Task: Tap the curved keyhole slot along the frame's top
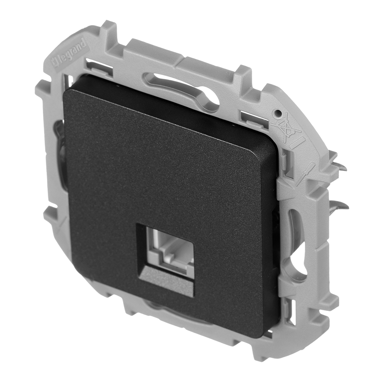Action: (x=180, y=86)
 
